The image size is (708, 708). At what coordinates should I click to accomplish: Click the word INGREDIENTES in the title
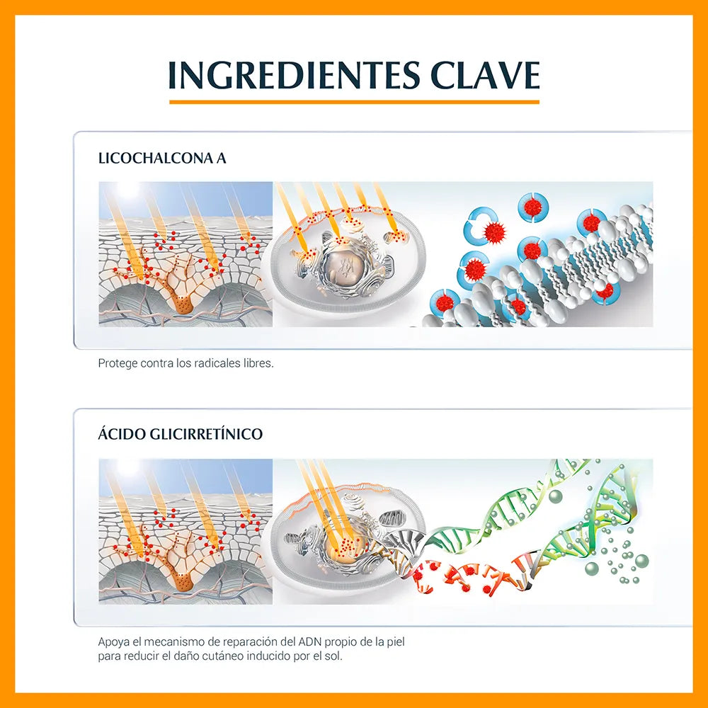point(294,75)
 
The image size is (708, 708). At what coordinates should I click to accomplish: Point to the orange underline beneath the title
point(354,102)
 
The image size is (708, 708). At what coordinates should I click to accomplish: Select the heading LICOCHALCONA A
point(162,159)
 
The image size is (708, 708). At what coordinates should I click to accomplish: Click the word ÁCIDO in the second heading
point(122,433)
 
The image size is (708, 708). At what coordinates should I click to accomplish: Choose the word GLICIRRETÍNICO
point(206,433)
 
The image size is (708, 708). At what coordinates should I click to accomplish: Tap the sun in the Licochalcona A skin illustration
point(127,189)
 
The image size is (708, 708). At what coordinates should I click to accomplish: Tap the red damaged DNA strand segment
point(469,576)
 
